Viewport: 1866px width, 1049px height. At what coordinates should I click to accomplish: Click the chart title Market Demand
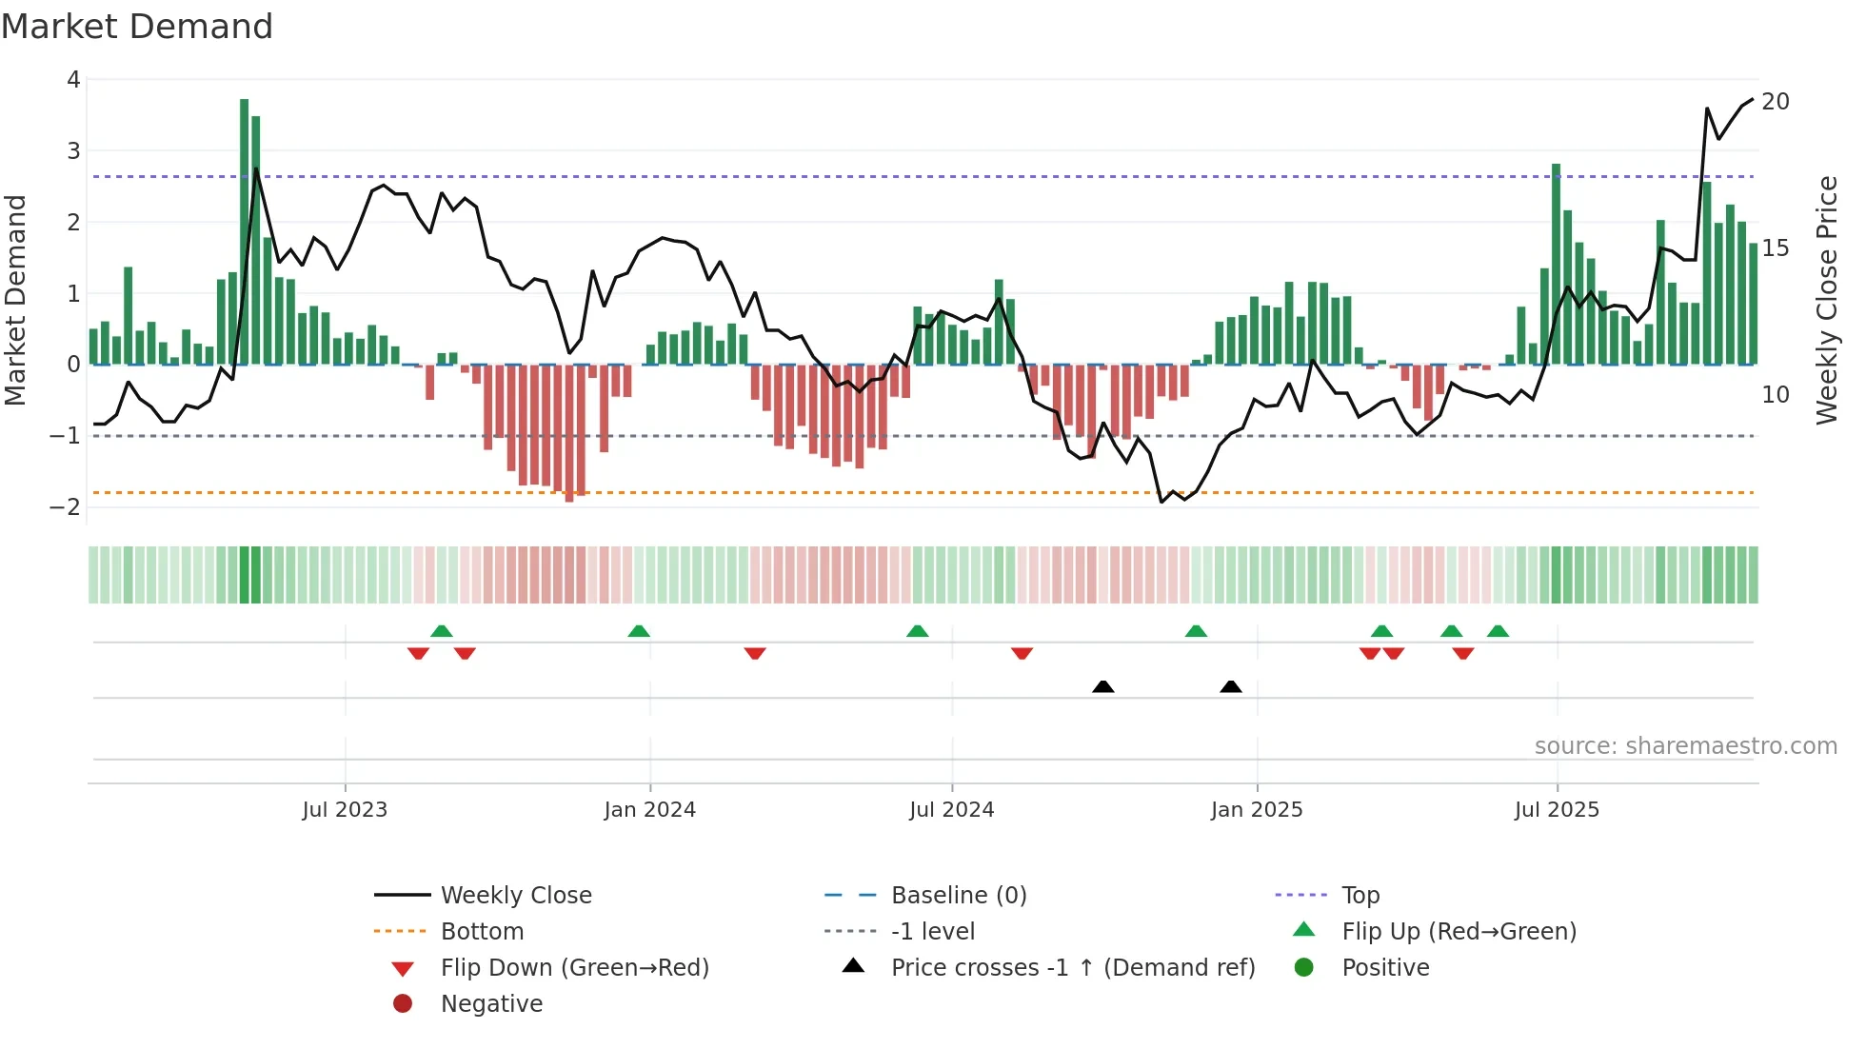tap(137, 27)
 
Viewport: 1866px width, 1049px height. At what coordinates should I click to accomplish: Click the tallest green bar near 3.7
tap(245, 231)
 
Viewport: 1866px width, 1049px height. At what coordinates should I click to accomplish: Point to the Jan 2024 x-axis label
tap(649, 810)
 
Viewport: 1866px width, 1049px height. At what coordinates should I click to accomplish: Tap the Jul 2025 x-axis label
tap(1557, 810)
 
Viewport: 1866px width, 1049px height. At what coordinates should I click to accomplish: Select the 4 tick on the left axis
tap(73, 80)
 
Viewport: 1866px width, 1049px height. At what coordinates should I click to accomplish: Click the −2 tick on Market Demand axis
tap(66, 506)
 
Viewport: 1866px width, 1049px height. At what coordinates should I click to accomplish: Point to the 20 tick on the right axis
tap(1776, 102)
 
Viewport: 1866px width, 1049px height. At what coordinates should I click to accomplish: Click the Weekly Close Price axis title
tap(1826, 300)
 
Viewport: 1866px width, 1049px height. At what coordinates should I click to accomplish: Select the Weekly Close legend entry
tap(515, 896)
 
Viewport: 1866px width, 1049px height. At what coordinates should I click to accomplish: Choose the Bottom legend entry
tap(482, 932)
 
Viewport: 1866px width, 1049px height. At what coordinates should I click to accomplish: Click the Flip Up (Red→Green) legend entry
tap(1459, 932)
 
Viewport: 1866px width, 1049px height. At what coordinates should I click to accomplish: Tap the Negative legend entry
tap(491, 1004)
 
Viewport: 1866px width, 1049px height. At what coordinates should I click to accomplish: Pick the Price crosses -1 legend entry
tap(1072, 968)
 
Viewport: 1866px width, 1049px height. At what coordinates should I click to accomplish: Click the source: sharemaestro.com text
tap(1685, 746)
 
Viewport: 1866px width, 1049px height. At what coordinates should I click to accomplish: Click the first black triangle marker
tap(1102, 686)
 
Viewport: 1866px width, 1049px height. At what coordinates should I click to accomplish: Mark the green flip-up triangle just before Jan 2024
tap(639, 631)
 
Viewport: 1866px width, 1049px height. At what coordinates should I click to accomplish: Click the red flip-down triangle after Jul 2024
tap(1022, 653)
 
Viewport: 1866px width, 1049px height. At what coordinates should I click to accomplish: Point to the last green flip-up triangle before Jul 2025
tap(1498, 631)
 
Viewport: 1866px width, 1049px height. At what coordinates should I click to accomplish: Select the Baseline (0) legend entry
tap(958, 896)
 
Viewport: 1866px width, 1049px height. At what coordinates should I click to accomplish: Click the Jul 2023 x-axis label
tap(345, 810)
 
